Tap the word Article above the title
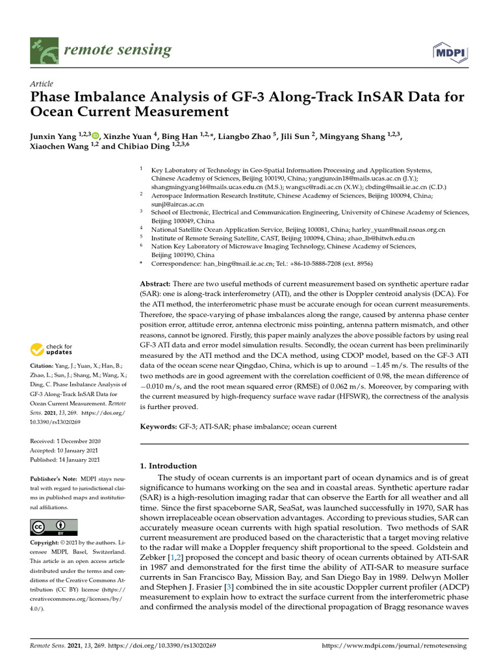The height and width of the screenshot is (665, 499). tap(42, 84)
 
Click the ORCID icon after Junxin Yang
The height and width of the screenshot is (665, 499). tap(96, 136)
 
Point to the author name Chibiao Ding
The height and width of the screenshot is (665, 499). tap(140, 147)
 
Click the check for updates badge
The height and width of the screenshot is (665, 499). tap(52, 350)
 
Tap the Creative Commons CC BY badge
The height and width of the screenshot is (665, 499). tap(54, 527)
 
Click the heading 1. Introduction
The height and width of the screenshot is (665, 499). tap(169, 466)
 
